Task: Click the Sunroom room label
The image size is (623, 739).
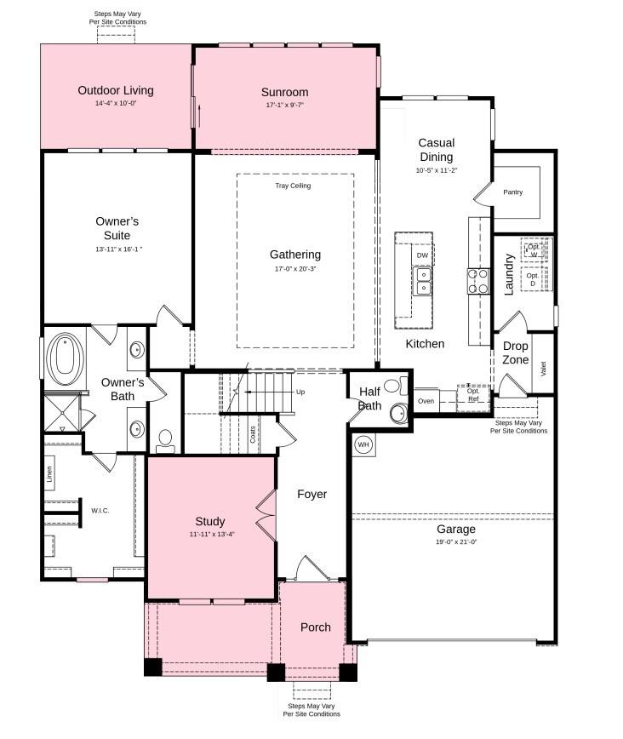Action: coord(284,92)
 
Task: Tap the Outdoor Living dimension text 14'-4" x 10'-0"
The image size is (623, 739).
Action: coord(116,104)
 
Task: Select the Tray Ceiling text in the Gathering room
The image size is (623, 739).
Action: coord(293,186)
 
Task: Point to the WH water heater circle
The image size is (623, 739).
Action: coord(363,444)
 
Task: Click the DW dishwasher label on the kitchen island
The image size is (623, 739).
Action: coord(422,255)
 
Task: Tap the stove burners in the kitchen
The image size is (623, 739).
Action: coord(478,281)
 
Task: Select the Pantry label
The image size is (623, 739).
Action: coord(512,192)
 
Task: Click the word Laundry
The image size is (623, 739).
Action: coord(509,273)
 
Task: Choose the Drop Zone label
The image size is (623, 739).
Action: coord(516,352)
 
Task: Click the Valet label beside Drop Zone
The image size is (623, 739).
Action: coord(543,369)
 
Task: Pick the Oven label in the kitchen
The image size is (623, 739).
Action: coord(426,400)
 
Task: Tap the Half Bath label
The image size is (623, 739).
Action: coord(369,398)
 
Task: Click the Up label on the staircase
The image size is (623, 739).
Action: coord(300,392)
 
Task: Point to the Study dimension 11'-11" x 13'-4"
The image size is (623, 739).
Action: coord(211,535)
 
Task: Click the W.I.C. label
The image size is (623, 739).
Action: coord(100,511)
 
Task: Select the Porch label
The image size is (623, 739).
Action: coord(315,627)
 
